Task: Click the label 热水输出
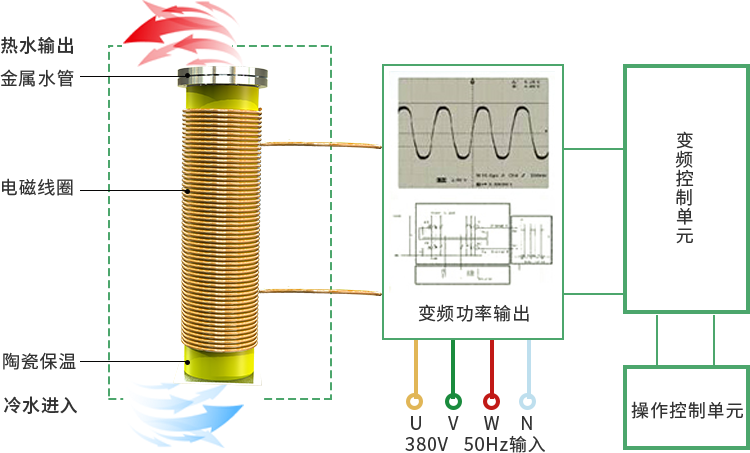(x=37, y=46)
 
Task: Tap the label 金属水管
(x=37, y=78)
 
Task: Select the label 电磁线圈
(x=37, y=187)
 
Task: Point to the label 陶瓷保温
(x=39, y=361)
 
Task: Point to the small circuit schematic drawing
(x=474, y=241)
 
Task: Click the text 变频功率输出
(x=473, y=313)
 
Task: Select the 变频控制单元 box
(x=685, y=188)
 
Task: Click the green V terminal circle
(x=453, y=401)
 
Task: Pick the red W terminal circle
(x=491, y=401)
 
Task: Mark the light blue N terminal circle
(x=527, y=401)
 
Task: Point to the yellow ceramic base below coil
(x=220, y=361)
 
